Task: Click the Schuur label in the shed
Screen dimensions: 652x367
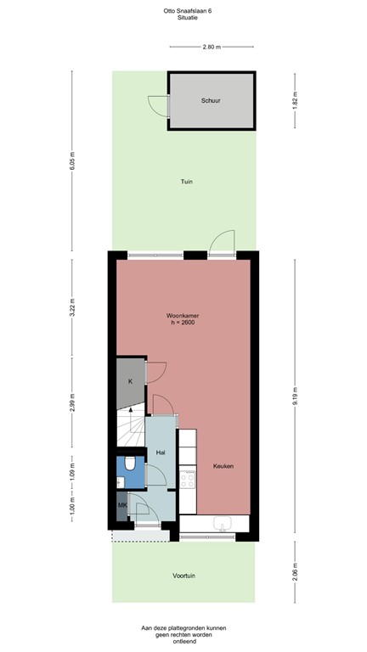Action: (x=212, y=100)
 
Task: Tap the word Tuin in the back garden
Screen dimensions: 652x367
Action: (x=185, y=182)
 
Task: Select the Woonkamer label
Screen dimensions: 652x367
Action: (x=183, y=315)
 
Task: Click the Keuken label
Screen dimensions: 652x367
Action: (x=223, y=467)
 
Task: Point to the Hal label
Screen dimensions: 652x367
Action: (x=160, y=452)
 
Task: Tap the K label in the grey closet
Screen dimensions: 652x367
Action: (x=130, y=382)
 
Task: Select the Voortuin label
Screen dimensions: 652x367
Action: (x=184, y=576)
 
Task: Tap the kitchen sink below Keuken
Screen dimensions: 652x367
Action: (x=223, y=524)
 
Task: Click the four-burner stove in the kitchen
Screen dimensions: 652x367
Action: (x=188, y=481)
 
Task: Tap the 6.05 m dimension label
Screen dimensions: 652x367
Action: (x=72, y=161)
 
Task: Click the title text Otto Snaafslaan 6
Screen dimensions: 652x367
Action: (x=183, y=9)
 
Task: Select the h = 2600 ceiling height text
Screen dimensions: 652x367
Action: (x=183, y=323)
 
